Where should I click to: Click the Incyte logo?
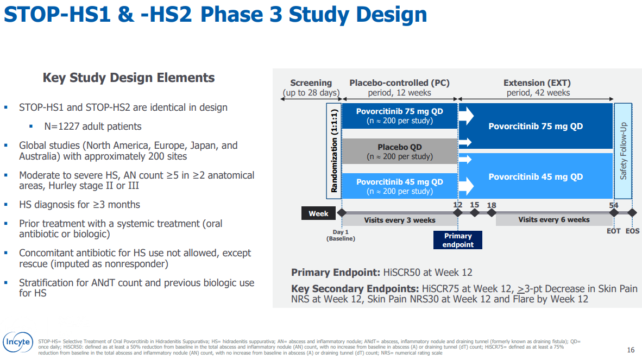tap(18, 342)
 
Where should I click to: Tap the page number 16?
tap(631, 350)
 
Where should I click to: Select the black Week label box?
tap(318, 213)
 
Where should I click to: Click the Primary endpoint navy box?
tap(458, 240)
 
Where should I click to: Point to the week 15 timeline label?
tap(475, 205)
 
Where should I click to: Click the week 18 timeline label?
tap(492, 205)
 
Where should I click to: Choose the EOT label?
tap(613, 231)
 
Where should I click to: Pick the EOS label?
tap(632, 231)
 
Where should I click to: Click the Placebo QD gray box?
tap(400, 151)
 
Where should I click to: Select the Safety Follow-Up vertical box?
tap(623, 151)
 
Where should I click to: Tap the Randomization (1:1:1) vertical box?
tap(334, 151)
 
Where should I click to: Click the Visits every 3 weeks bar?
tap(400, 220)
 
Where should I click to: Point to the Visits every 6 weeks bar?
tap(554, 220)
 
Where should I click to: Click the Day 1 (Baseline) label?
tap(341, 235)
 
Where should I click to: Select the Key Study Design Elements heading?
tap(129, 78)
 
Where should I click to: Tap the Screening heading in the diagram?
tap(311, 83)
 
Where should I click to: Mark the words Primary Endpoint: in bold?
tap(336, 273)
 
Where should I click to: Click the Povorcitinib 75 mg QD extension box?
tap(536, 126)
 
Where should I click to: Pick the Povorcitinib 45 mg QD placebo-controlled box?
tap(400, 186)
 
